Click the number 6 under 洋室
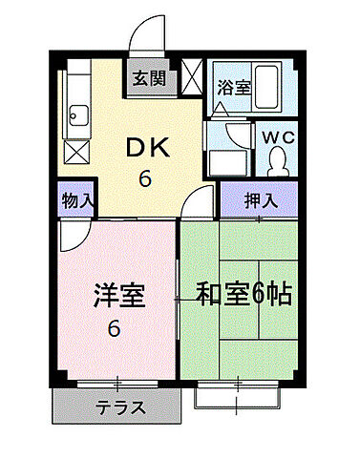point(114,329)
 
